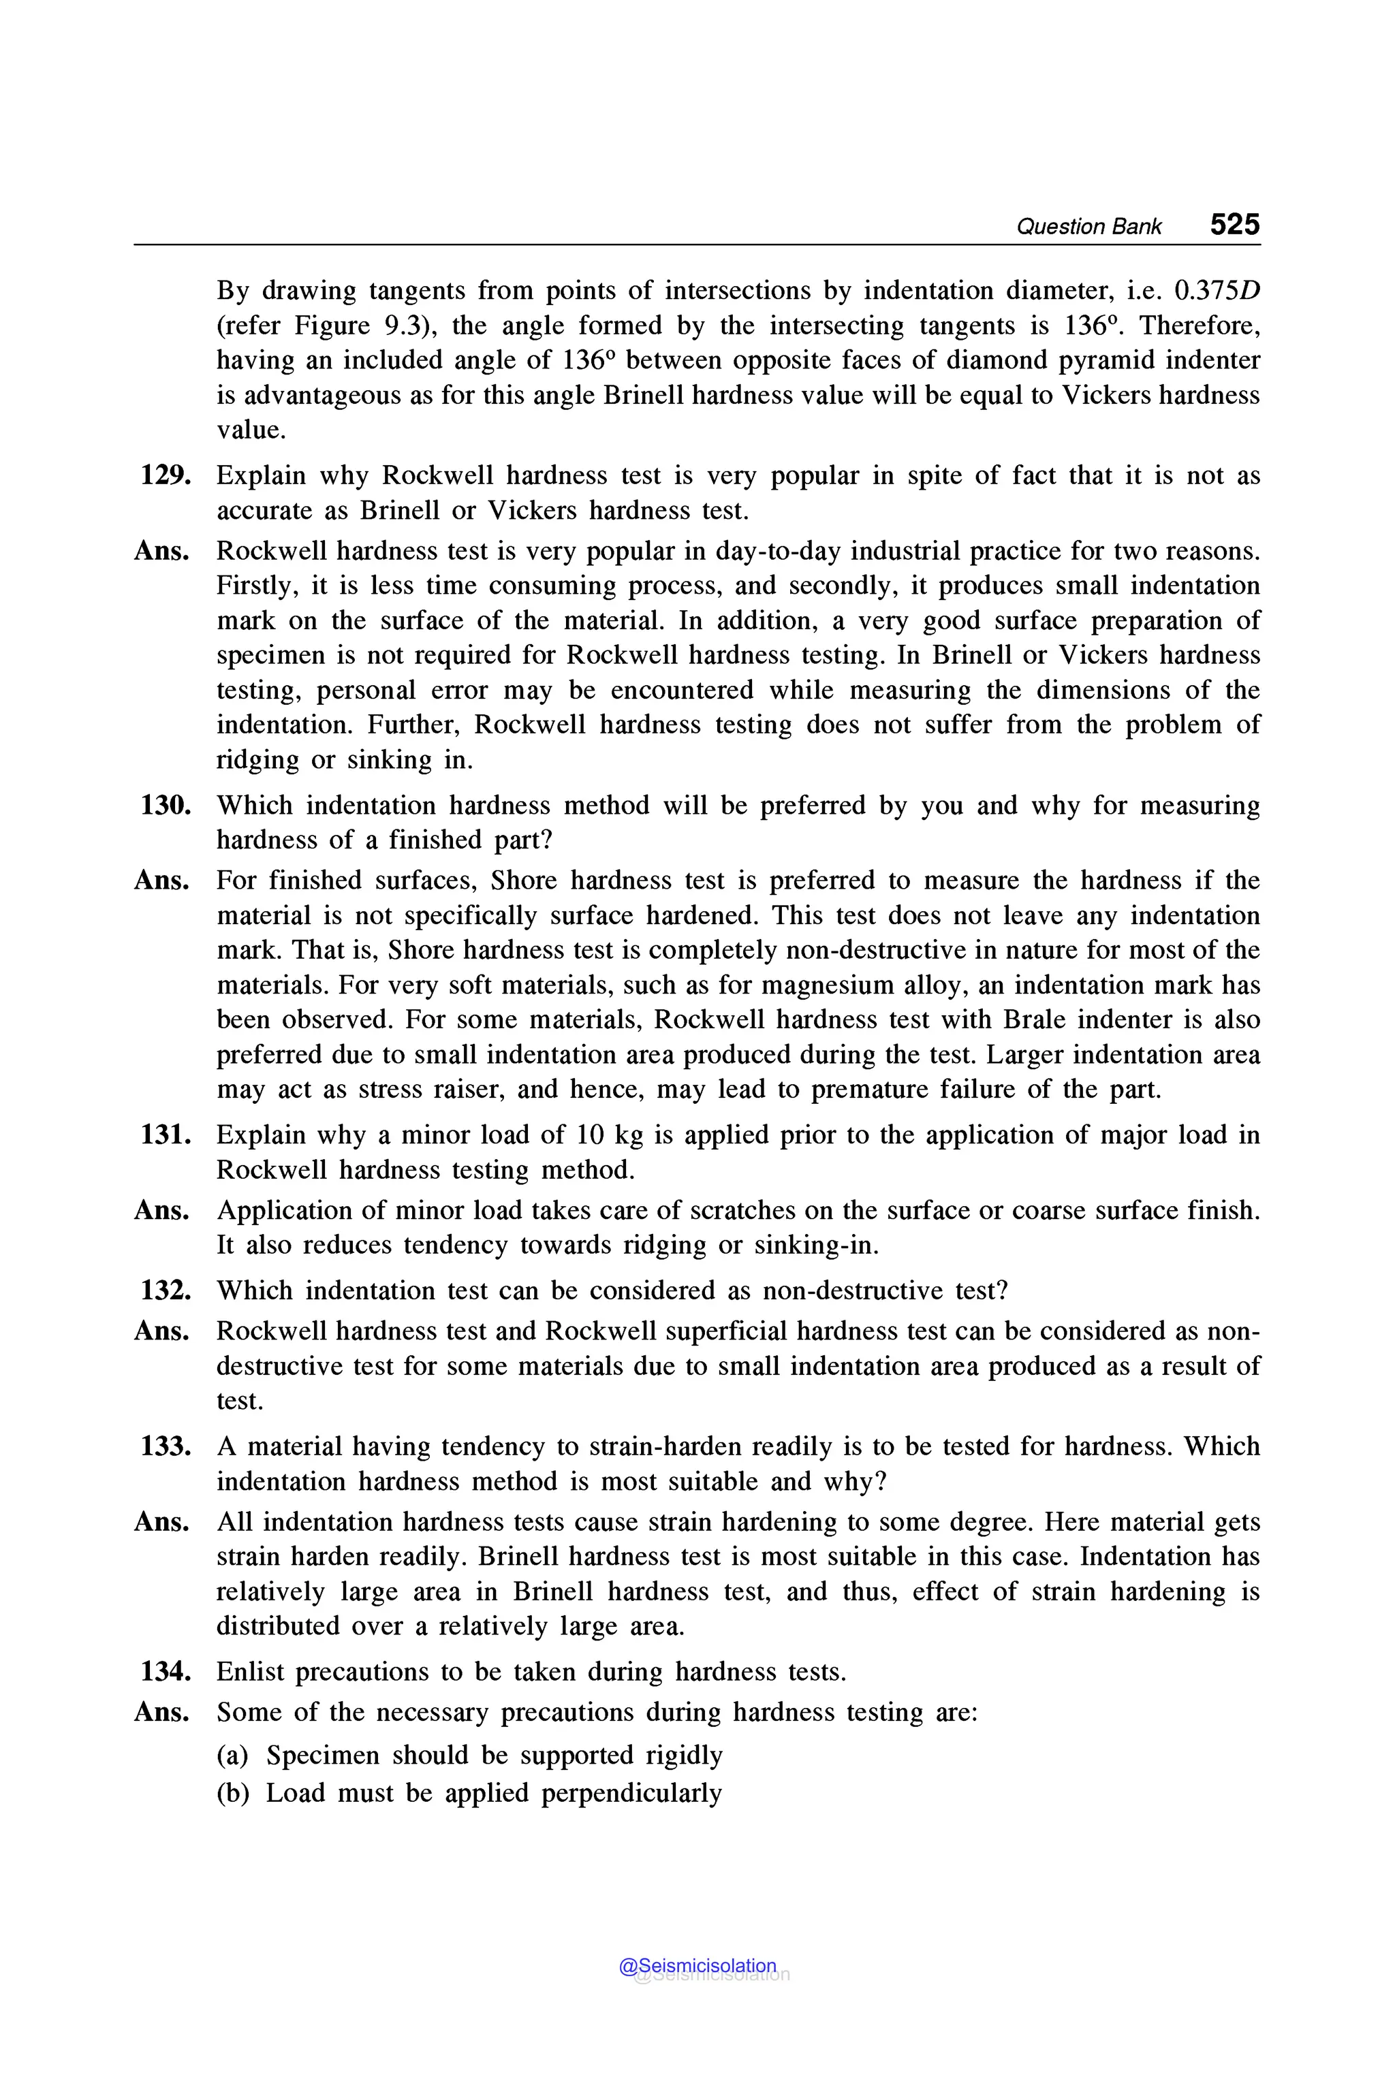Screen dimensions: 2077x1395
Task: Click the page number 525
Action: [1234, 224]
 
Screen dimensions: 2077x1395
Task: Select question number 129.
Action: [166, 475]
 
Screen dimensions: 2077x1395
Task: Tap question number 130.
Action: [166, 805]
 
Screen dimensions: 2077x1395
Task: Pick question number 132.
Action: [166, 1290]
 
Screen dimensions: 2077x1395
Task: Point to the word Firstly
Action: [255, 586]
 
